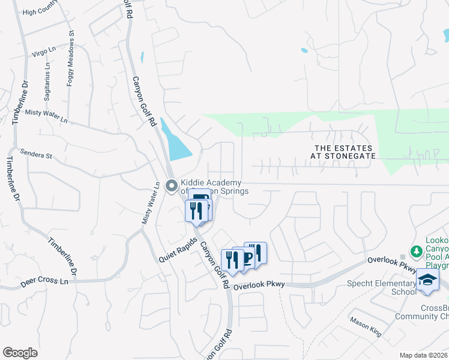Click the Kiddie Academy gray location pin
(x=171, y=185)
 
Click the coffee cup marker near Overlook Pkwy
(x=243, y=259)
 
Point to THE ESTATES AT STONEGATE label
(x=343, y=152)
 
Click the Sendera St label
(x=36, y=154)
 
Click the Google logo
(x=20, y=353)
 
